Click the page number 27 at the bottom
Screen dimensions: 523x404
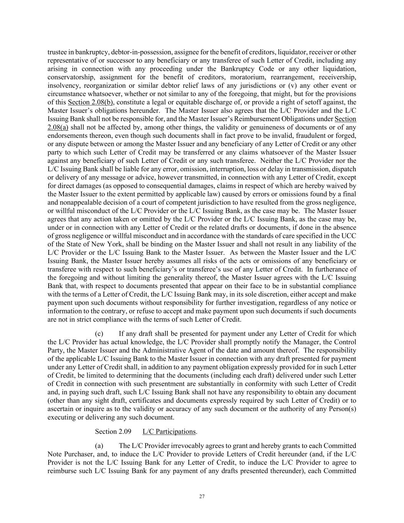point(202,497)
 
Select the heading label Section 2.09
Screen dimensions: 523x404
point(113,431)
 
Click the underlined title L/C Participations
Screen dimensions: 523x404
point(169,431)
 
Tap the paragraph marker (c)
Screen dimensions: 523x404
point(99,333)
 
